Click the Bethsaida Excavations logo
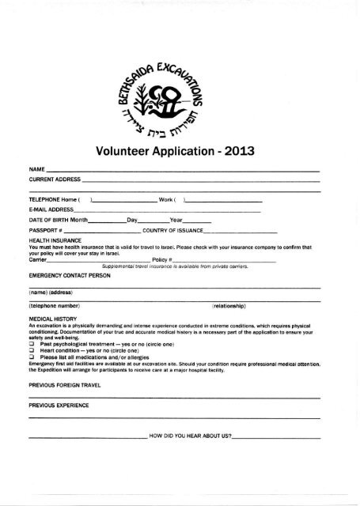coord(179,94)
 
